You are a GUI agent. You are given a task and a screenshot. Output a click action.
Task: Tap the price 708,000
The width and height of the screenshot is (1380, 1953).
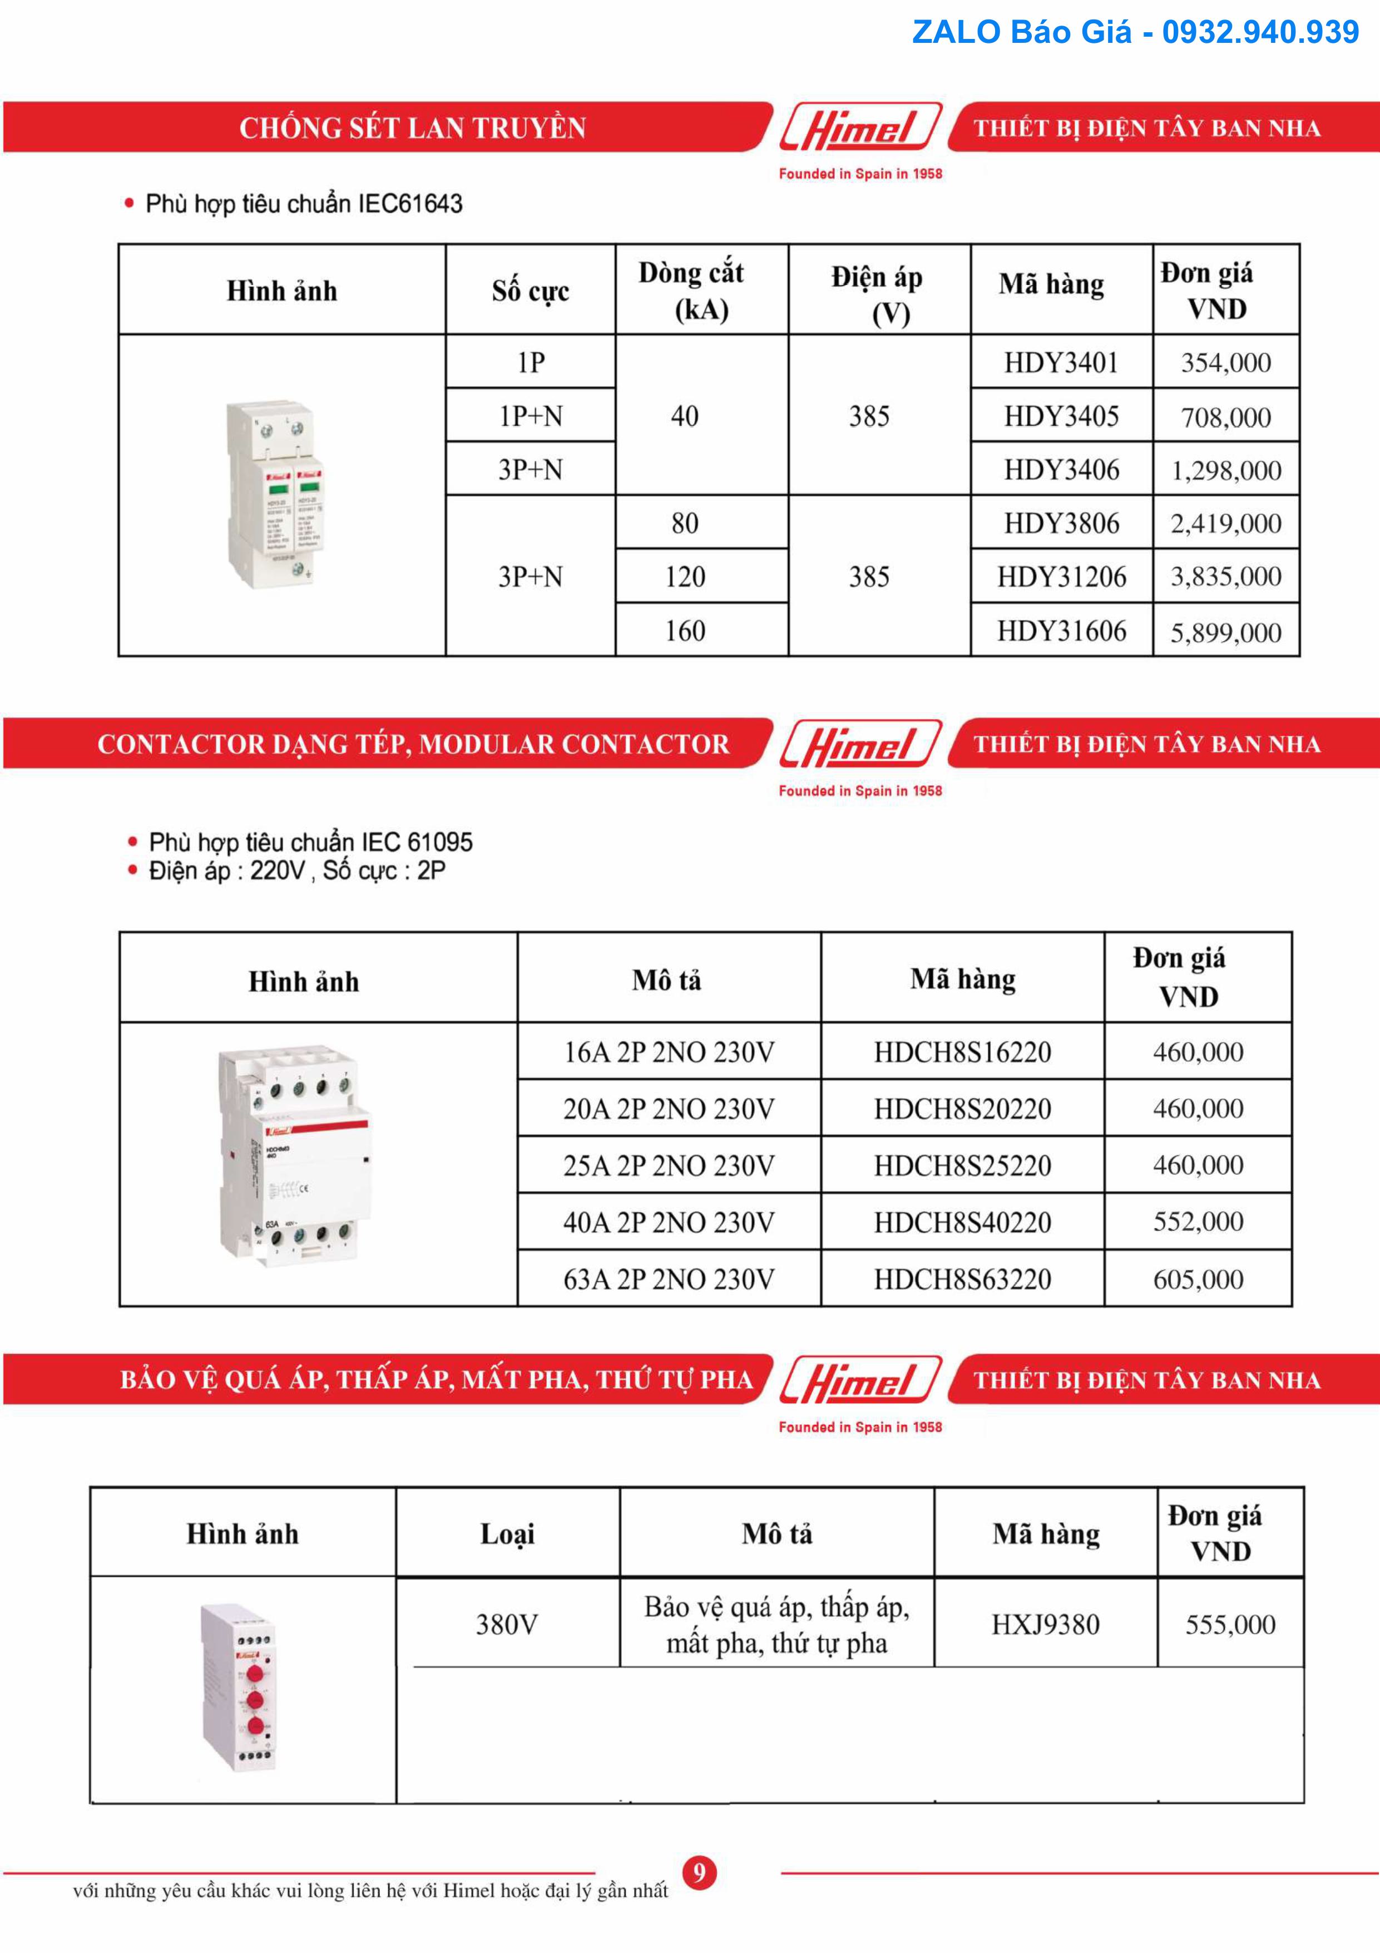[x=1225, y=417]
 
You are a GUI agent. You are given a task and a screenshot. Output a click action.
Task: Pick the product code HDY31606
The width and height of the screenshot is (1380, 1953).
[x=1061, y=631]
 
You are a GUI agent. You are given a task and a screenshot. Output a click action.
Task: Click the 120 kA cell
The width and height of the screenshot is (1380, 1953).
[x=685, y=577]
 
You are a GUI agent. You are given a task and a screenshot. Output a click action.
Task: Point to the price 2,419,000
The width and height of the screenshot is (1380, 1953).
[x=1225, y=523]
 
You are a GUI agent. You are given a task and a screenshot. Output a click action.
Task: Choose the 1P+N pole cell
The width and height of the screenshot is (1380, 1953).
[x=531, y=416]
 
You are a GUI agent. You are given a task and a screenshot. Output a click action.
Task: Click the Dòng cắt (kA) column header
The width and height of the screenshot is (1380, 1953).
[x=691, y=290]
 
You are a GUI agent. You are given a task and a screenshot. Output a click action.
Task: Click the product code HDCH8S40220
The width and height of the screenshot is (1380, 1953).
[x=962, y=1222]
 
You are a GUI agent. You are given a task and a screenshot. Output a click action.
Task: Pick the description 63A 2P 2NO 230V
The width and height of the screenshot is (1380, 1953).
[x=669, y=1280]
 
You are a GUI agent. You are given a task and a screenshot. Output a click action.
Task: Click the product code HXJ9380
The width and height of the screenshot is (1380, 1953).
[x=1045, y=1625]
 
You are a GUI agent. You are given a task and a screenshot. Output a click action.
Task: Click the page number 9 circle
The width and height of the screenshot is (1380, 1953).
[x=699, y=1872]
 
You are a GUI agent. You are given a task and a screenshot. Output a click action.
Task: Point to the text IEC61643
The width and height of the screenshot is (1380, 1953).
[x=410, y=204]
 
